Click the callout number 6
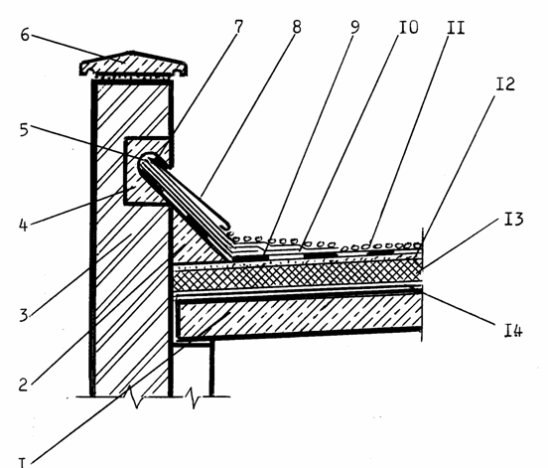pyautogui.click(x=25, y=35)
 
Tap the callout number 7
pyautogui.click(x=238, y=27)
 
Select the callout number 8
pyautogui.click(x=297, y=27)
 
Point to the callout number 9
pyautogui.click(x=354, y=27)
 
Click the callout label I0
pyautogui.click(x=409, y=27)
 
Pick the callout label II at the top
pyautogui.click(x=456, y=27)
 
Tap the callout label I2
pyautogui.click(x=505, y=83)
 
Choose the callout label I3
pyautogui.click(x=514, y=219)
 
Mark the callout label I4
pyautogui.click(x=513, y=330)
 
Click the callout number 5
pyautogui.click(x=24, y=130)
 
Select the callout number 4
pyautogui.click(x=23, y=225)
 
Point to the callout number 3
pyautogui.click(x=24, y=315)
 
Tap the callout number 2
pyautogui.click(x=23, y=385)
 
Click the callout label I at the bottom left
pyautogui.click(x=22, y=462)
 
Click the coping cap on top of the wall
pyautogui.click(x=133, y=64)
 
